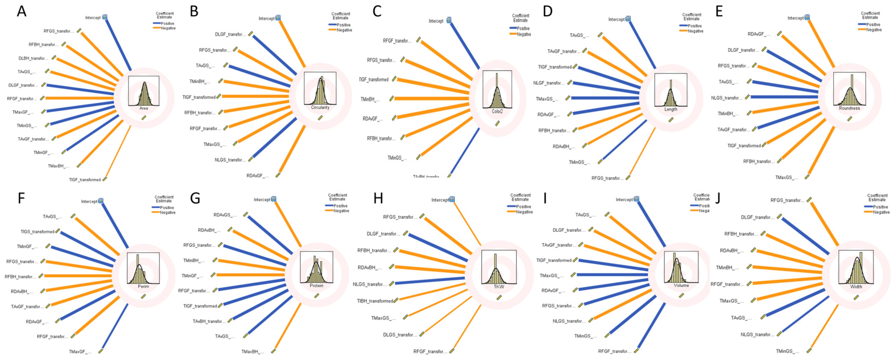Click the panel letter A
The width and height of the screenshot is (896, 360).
click(22, 12)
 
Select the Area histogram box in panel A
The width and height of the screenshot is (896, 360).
click(144, 91)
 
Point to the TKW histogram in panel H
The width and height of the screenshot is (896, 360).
click(499, 267)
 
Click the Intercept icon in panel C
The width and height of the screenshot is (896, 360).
click(449, 20)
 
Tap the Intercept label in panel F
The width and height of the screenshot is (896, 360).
click(89, 201)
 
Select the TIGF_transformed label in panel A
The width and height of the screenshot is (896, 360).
click(85, 180)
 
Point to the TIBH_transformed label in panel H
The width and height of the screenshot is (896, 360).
click(375, 301)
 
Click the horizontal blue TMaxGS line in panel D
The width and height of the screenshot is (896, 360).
click(605, 98)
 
